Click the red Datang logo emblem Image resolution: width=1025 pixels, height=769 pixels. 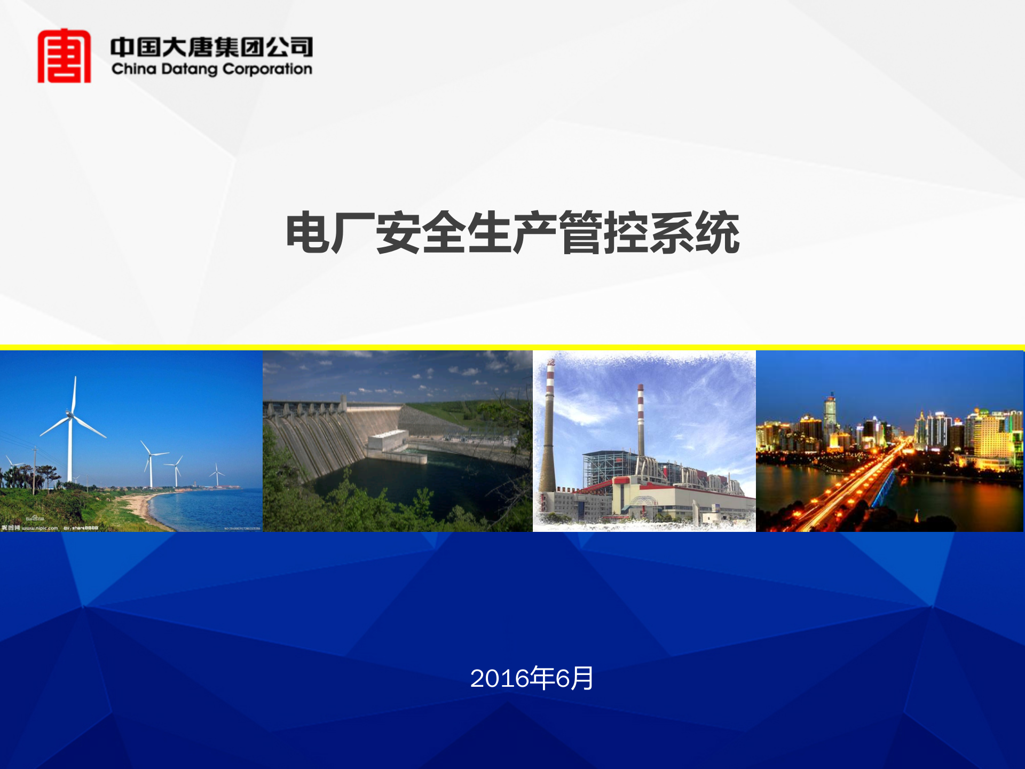pos(64,56)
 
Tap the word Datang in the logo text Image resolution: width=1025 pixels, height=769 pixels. pos(189,69)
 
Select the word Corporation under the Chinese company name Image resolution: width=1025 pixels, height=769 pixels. pos(267,69)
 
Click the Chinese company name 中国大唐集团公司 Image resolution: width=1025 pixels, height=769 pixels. pos(211,47)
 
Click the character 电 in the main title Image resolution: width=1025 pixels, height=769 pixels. pos(308,233)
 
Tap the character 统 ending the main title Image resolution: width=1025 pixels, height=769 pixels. pos(717,233)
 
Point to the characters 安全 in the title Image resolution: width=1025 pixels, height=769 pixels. pos(422,233)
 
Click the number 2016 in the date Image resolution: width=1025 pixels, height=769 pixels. pos(500,678)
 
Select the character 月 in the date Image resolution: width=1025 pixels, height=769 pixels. pos(582,678)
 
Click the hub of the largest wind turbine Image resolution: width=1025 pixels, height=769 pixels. pos(70,414)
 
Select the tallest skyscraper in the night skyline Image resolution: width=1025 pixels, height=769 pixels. pos(830,417)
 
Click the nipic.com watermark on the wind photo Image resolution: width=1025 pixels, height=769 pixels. pos(40,528)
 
